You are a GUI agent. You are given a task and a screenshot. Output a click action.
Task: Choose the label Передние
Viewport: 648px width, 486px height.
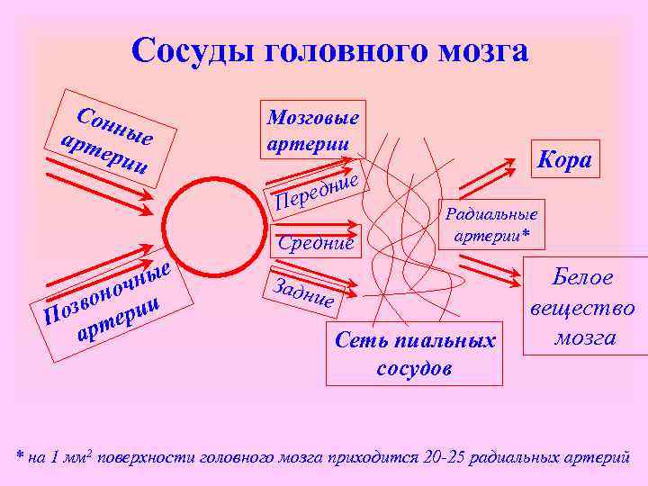click(x=317, y=190)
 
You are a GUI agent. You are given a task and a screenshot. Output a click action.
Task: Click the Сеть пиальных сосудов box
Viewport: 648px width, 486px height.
click(x=415, y=354)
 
